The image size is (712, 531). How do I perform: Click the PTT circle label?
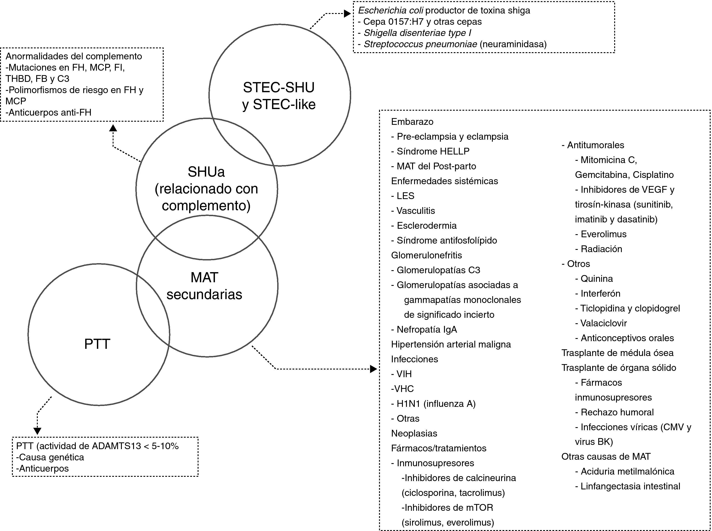click(97, 344)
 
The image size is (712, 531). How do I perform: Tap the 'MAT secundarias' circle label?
click(204, 286)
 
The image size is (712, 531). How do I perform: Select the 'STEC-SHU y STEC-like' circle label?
click(279, 96)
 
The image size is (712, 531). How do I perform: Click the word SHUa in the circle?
click(206, 172)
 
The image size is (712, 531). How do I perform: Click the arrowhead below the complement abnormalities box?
click(113, 128)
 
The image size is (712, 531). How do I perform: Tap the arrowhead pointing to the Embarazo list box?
click(373, 369)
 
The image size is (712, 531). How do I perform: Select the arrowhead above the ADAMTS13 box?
click(38, 431)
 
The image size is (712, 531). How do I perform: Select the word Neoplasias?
click(414, 433)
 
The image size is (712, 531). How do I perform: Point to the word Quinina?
click(597, 278)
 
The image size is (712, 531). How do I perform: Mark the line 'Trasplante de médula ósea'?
click(617, 353)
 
